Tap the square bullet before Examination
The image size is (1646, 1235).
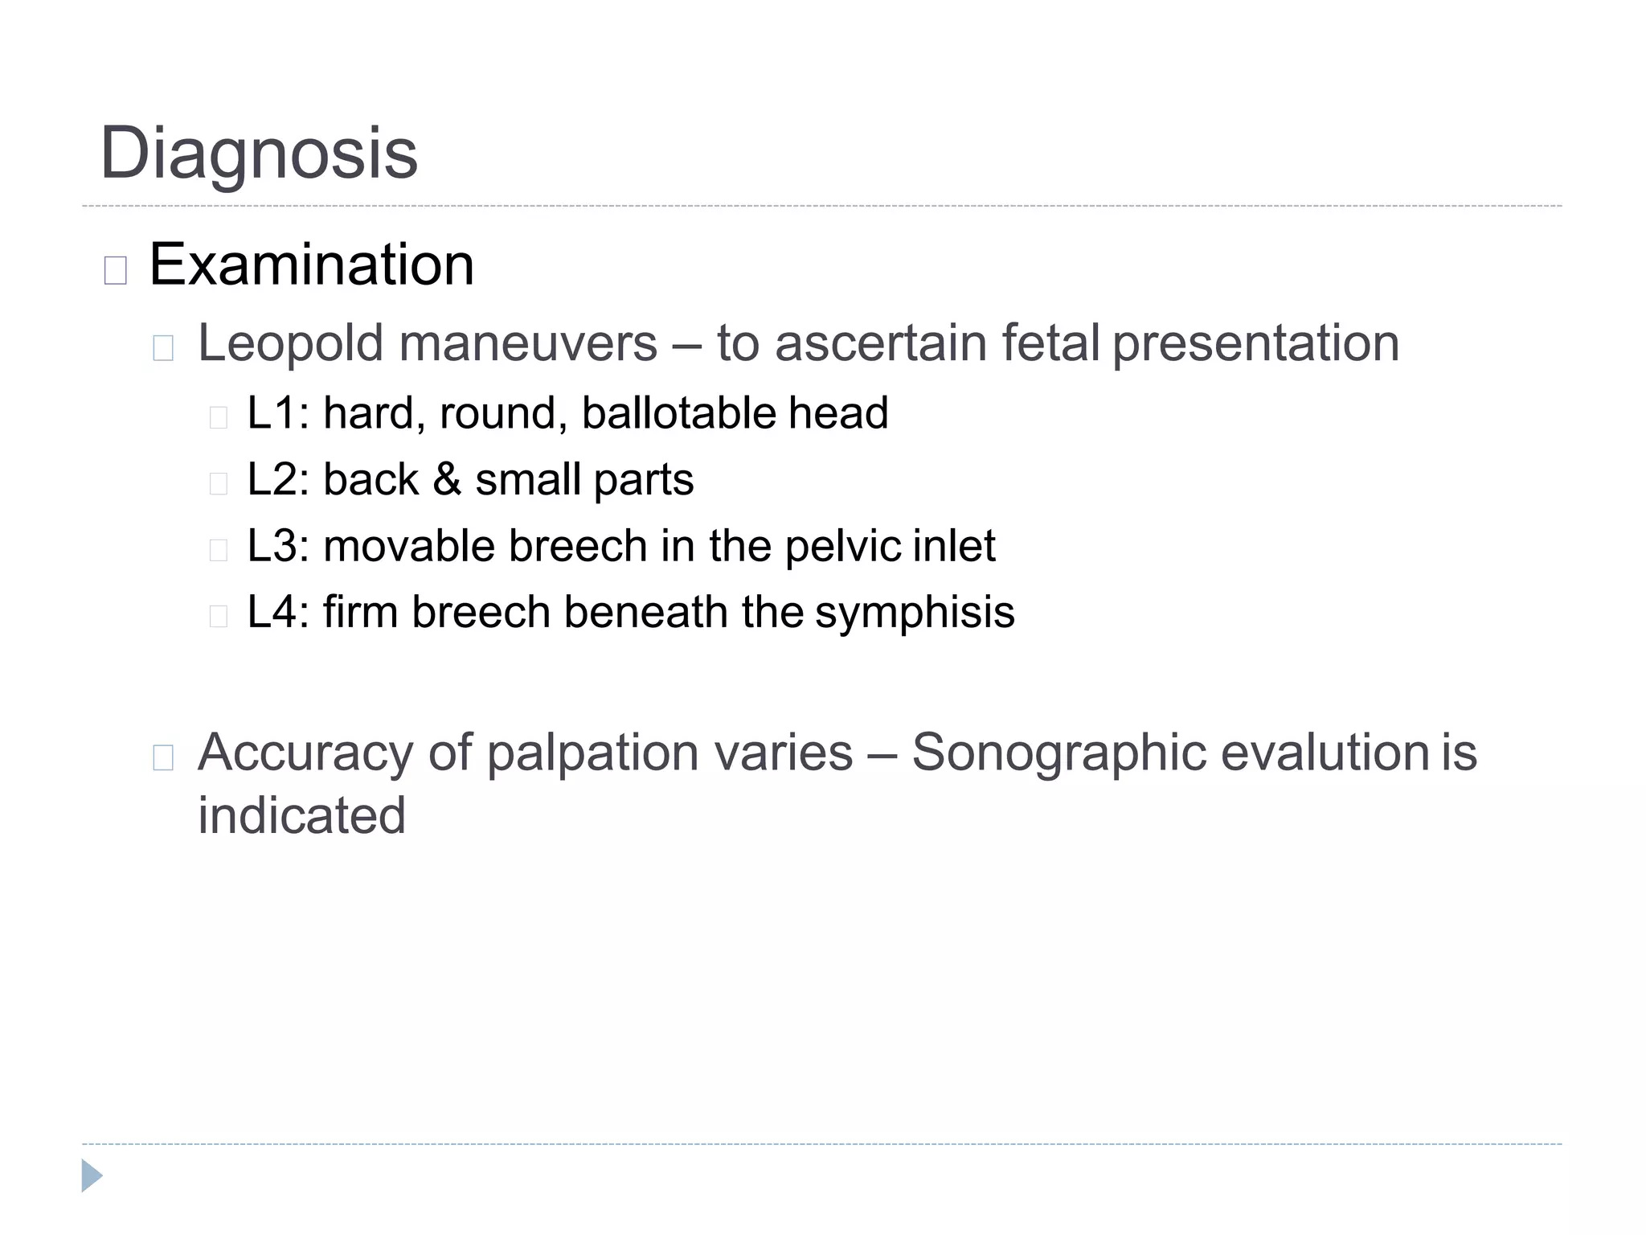tap(116, 271)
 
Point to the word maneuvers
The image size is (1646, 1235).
tap(528, 343)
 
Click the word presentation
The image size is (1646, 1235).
tap(1255, 343)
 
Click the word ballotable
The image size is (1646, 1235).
tap(678, 412)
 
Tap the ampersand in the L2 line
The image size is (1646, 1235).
tap(447, 479)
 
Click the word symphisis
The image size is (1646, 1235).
tap(915, 613)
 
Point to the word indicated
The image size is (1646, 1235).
tap(302, 815)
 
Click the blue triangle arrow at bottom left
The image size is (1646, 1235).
tap(92, 1176)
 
